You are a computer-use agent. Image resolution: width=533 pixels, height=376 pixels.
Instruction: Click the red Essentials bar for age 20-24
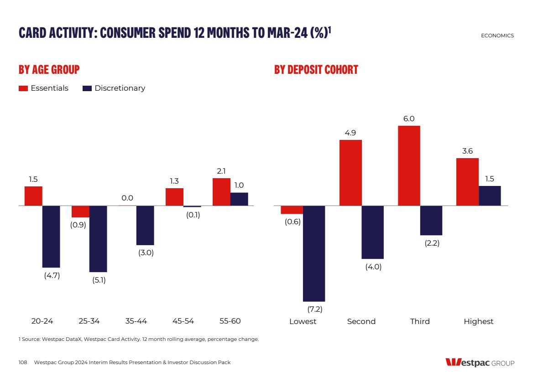[33, 196]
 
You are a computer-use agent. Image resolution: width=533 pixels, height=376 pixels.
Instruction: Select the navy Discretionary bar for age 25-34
[98, 239]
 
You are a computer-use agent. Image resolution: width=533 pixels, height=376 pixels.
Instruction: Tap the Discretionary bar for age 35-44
[145, 225]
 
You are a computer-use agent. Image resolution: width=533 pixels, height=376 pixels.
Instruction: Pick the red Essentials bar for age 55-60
[221, 192]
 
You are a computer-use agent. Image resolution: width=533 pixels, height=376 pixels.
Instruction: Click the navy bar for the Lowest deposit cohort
[314, 253]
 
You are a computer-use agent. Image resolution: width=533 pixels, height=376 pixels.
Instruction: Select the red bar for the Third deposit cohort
[409, 165]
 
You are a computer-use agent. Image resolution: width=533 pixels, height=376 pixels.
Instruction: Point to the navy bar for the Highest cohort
[490, 196]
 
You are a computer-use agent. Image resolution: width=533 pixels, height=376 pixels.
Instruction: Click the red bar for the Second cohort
[350, 173]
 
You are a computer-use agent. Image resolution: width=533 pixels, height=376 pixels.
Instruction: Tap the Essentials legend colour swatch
[23, 88]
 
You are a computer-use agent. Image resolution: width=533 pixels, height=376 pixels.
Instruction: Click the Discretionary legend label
[120, 88]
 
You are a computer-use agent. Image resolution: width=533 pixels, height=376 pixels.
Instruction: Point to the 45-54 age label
[183, 321]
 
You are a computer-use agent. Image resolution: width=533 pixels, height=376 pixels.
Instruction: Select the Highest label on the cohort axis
[478, 322]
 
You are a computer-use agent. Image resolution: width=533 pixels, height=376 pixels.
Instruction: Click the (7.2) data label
[314, 309]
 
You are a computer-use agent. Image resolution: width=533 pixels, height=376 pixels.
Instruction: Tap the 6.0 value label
[409, 118]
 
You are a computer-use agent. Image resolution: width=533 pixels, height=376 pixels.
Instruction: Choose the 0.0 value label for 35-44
[127, 198]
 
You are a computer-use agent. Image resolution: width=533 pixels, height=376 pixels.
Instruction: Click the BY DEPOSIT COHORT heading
[316, 70]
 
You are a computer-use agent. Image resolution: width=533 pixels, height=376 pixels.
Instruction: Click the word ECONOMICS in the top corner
[497, 36]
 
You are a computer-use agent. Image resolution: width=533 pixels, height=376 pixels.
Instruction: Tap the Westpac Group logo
[480, 363]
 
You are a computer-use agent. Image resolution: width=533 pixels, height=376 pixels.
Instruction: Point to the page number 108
[23, 362]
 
